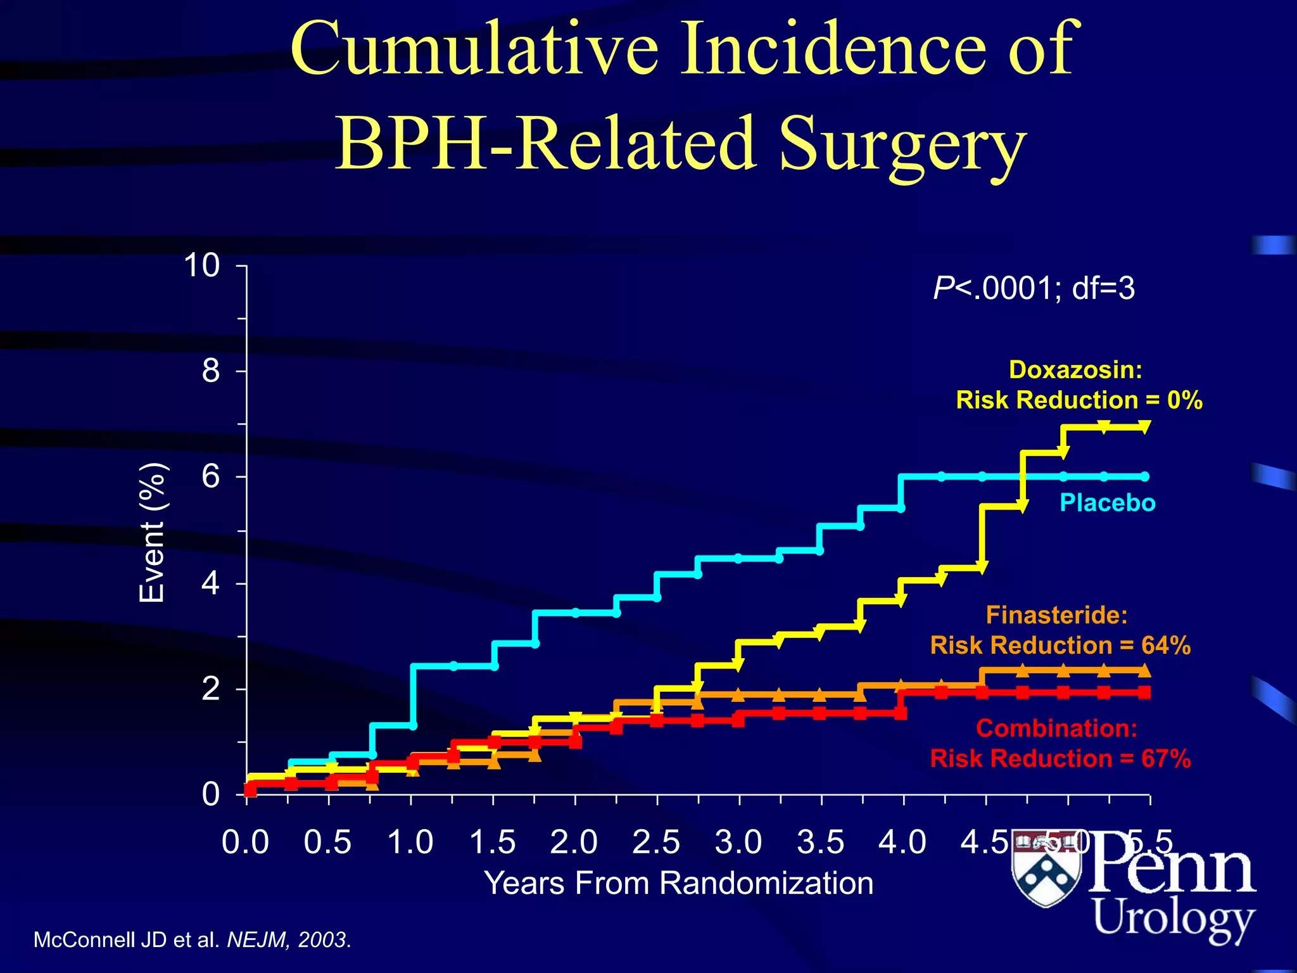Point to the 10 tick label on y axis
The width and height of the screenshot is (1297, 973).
click(201, 265)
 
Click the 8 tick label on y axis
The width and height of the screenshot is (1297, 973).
click(211, 371)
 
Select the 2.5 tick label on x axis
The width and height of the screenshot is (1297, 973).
click(656, 843)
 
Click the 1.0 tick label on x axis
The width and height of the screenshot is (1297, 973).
click(410, 843)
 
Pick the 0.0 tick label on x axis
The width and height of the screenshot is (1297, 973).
click(246, 843)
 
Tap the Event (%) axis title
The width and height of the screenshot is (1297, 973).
click(153, 533)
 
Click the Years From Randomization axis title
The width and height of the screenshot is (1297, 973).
click(678, 883)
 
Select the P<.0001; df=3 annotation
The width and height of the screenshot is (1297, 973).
click(1034, 288)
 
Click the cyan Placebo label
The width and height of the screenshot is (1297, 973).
click(1108, 503)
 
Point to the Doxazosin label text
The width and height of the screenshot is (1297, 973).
click(1075, 370)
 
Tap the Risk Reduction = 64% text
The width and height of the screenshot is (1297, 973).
click(1060, 645)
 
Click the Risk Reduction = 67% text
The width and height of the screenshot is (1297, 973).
click(1060, 758)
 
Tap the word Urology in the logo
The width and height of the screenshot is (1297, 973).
click(1174, 918)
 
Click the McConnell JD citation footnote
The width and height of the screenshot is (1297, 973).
click(192, 939)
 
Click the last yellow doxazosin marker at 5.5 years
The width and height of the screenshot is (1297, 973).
click(1144, 427)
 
